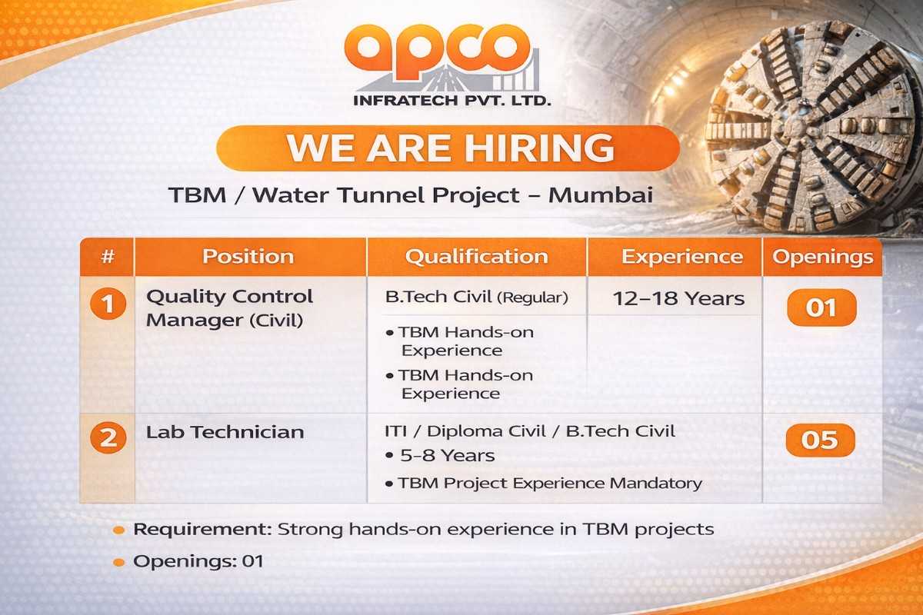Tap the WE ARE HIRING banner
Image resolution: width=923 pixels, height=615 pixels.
[448, 148]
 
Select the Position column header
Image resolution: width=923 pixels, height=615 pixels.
[248, 257]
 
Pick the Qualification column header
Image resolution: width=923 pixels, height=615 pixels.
[476, 257]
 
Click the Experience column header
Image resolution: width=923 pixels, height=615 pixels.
[682, 257]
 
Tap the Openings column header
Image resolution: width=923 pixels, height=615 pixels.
[823, 257]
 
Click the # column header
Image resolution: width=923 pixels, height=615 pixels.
[107, 257]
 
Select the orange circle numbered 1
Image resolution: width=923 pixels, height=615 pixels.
[108, 305]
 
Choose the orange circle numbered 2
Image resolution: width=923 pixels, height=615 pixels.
[108, 439]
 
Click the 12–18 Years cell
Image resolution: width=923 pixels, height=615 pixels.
[678, 299]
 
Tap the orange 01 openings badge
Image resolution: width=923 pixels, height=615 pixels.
[821, 308]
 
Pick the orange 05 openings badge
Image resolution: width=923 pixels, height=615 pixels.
[821, 440]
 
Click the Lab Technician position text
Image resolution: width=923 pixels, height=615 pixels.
[225, 432]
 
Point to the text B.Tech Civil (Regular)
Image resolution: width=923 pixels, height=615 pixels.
[476, 298]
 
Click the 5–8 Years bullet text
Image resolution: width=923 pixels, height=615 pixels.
[447, 456]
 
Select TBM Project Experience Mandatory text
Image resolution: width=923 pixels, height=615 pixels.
[549, 484]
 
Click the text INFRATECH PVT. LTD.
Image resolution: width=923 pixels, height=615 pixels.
[452, 100]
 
